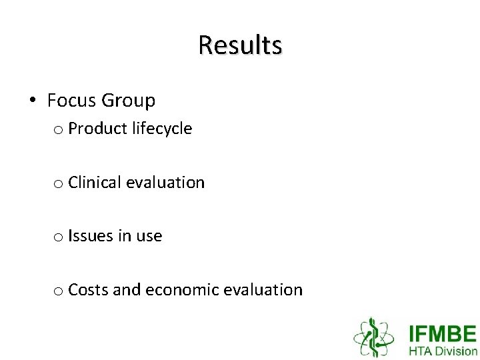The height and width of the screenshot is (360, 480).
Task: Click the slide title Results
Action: pos(240,45)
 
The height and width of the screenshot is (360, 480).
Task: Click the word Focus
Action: pos(71,101)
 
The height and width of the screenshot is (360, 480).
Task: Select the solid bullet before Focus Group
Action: pos(32,101)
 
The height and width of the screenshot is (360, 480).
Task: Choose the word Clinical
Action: pos(95,182)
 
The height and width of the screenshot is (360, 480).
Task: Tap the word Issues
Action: pos(90,236)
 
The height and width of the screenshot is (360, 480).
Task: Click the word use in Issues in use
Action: pos(149,237)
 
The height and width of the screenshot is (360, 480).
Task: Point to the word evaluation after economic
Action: pos(263,290)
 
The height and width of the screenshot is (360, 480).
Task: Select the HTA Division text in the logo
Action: pos(442,351)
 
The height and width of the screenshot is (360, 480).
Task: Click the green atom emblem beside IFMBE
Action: pos(375,337)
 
